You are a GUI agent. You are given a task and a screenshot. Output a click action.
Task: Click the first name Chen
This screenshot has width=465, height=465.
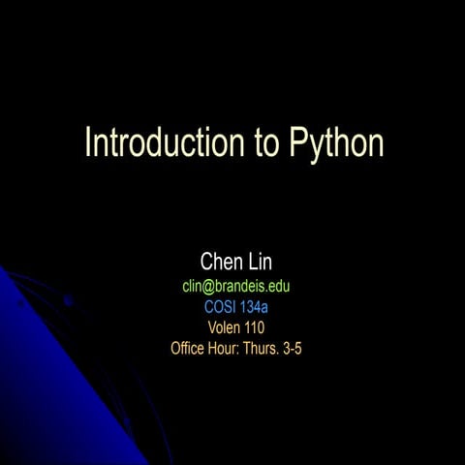(x=220, y=262)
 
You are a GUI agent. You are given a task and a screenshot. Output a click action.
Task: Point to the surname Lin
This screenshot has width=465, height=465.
(x=263, y=262)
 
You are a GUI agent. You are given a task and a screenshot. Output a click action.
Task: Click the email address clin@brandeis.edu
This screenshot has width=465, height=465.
(x=236, y=287)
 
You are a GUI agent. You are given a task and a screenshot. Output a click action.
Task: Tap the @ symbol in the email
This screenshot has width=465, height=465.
(x=206, y=287)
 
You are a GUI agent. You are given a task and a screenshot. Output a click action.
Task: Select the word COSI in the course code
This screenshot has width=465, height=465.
(x=220, y=307)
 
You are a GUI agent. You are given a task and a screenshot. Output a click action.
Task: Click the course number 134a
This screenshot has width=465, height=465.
(x=254, y=307)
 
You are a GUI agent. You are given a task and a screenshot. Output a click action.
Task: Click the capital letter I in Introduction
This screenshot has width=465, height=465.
(x=88, y=142)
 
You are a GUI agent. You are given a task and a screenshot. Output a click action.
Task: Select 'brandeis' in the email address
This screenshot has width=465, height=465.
(x=241, y=287)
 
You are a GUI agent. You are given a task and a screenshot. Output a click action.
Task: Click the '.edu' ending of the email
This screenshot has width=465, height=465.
(x=279, y=287)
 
